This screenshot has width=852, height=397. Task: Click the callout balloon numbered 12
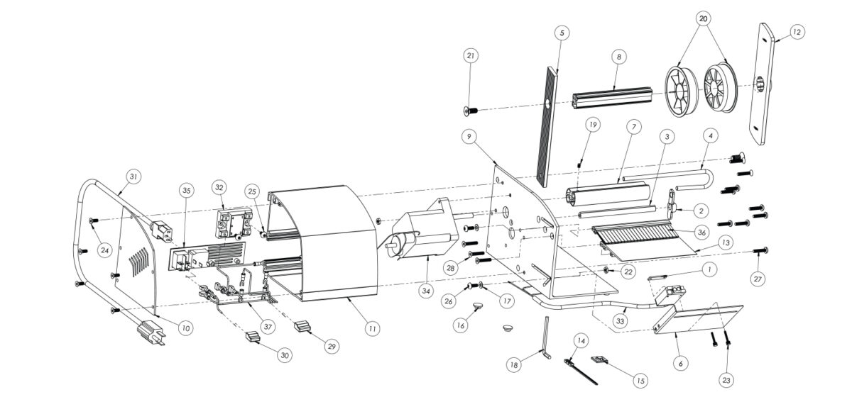796,32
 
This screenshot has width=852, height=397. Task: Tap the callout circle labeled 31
133,176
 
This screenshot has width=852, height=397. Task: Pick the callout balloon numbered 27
758,279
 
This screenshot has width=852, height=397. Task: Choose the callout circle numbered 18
514,365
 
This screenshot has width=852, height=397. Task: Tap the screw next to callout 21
470,109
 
